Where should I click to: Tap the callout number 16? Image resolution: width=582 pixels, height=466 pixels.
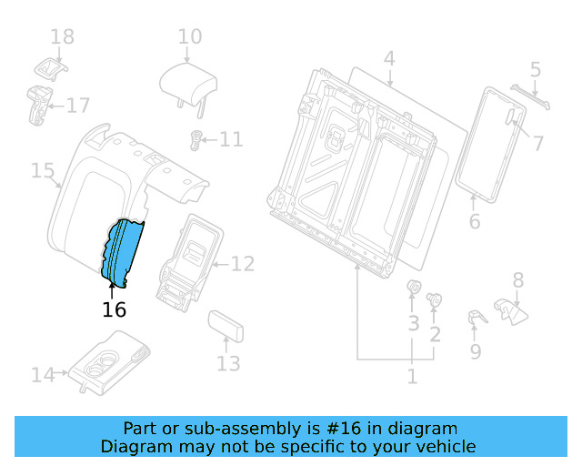114,309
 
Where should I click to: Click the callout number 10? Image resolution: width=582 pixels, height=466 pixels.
189,37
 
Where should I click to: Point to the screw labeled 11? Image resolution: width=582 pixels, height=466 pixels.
194,139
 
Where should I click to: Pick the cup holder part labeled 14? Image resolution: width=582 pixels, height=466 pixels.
114,361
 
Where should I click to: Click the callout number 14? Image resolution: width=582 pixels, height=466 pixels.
43,373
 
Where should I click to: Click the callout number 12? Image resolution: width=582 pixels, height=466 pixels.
242,265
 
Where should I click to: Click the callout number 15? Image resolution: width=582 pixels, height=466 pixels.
43,170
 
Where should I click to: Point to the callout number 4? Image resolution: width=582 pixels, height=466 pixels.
388,59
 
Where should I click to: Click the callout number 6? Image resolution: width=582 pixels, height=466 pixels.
474,221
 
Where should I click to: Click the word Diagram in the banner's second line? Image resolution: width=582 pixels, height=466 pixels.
134,446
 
